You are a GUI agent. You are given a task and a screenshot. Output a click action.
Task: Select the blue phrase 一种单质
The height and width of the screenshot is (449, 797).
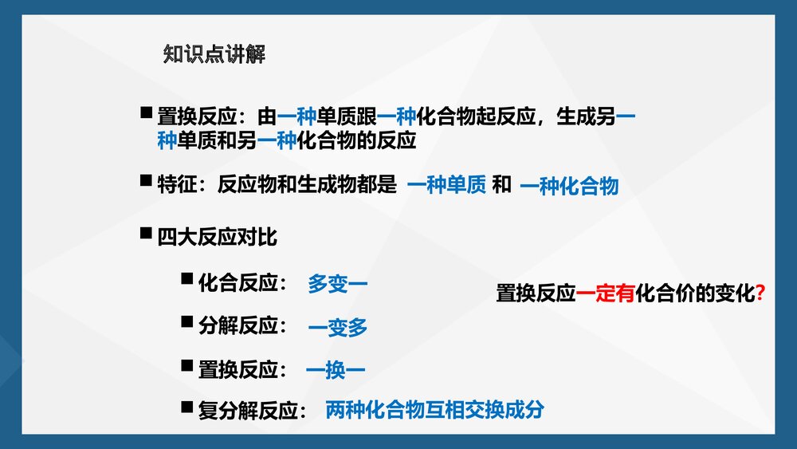click(446, 186)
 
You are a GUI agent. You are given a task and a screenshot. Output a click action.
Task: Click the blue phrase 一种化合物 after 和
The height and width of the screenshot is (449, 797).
click(569, 187)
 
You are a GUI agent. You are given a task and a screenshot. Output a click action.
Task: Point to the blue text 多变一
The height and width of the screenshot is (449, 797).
click(338, 284)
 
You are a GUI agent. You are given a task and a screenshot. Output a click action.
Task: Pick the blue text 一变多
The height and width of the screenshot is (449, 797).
click(338, 327)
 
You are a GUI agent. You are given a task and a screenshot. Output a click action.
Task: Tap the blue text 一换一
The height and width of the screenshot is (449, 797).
click(336, 370)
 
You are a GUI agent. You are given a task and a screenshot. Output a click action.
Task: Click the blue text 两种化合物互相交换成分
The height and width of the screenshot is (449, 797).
click(435, 411)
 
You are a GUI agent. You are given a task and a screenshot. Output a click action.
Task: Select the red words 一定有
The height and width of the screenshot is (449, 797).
click(605, 293)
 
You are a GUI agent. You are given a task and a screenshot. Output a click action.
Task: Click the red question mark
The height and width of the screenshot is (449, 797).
click(760, 293)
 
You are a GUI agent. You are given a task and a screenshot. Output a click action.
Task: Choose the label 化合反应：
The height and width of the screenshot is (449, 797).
click(243, 283)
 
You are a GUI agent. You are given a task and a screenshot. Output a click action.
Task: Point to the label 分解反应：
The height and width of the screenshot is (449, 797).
click(243, 326)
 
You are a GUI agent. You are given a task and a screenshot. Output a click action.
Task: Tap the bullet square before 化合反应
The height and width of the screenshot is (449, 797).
click(186, 279)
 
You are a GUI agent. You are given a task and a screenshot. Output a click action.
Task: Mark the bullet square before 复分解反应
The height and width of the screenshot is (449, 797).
click(186, 408)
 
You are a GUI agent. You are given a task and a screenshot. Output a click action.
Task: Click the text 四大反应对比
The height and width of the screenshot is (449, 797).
click(218, 237)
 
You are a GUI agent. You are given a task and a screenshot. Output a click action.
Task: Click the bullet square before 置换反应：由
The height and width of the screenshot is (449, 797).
click(145, 113)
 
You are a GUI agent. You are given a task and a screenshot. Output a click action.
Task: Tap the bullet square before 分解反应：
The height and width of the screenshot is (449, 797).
click(186, 322)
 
